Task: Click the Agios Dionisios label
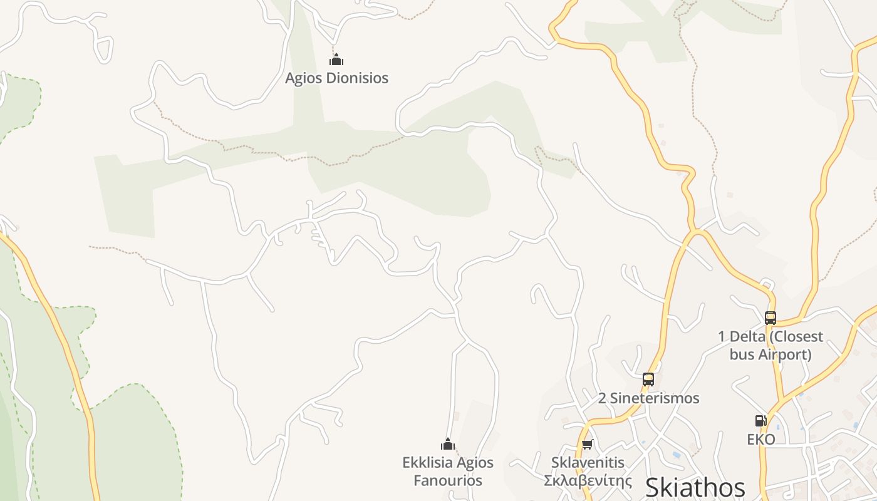336,78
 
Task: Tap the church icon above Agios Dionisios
336,60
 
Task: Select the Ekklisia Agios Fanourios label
448,472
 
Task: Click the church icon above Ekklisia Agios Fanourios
448,445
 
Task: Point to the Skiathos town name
695,487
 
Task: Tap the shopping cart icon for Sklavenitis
588,444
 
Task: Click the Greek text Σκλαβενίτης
588,480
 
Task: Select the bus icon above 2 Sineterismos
648,379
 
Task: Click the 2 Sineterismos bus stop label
648,398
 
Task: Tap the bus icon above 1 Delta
771,318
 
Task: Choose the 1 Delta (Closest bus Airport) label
771,345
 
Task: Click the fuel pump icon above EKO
760,421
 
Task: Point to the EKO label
761,439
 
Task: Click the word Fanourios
448,480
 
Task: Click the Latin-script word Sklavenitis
588,463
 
